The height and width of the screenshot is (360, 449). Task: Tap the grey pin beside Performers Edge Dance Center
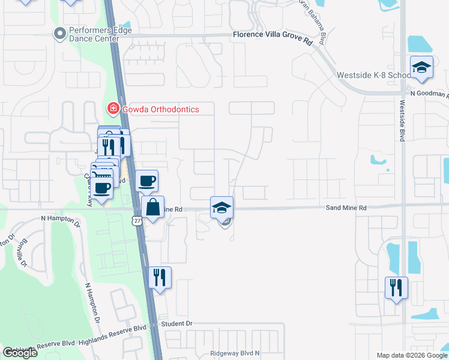[59, 34]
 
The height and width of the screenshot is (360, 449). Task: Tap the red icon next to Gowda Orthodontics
[112, 109]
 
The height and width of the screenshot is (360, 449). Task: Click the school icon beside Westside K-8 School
[421, 67]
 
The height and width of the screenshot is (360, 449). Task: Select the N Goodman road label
[429, 94]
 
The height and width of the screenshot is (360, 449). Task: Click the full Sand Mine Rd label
[346, 208]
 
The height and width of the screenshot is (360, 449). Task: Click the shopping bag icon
[153, 207]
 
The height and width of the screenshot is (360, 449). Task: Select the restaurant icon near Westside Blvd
[396, 288]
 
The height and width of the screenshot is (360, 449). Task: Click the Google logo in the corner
[20, 353]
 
